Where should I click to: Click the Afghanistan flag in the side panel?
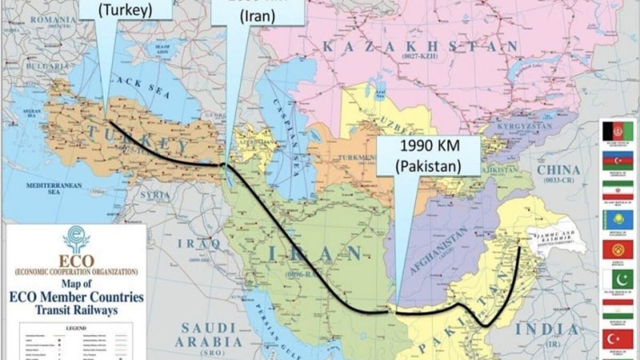pyautogui.click(x=618, y=131)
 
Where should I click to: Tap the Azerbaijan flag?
pyautogui.click(x=618, y=160)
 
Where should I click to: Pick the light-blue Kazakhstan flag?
pyautogui.click(x=618, y=219)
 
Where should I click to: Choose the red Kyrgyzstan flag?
pyautogui.click(x=618, y=249)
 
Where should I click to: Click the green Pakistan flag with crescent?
pyautogui.click(x=618, y=278)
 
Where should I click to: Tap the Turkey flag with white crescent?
pyautogui.click(x=618, y=339)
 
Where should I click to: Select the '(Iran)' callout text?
pyautogui.click(x=258, y=16)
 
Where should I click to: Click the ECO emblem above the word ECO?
pyautogui.click(x=76, y=239)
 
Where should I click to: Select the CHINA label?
pyautogui.click(x=558, y=170)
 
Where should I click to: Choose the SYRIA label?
pyautogui.click(x=155, y=195)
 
